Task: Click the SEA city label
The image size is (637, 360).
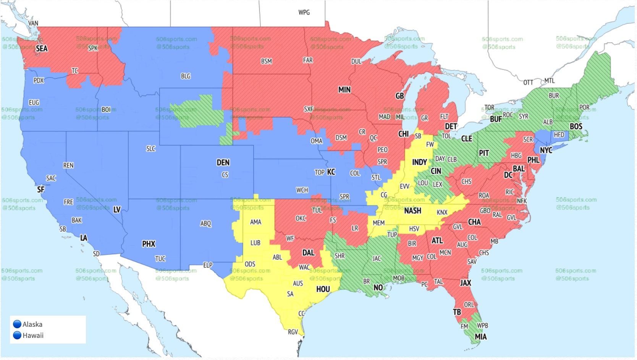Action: [42, 49]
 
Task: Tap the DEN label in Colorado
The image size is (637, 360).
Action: [223, 162]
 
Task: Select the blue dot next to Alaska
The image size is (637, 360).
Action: [17, 324]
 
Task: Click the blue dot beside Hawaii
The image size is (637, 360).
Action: [17, 335]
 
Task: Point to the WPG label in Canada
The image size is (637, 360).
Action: [304, 13]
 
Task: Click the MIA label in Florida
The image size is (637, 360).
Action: [480, 337]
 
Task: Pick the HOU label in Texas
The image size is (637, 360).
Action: [323, 289]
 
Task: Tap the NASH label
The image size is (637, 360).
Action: [412, 211]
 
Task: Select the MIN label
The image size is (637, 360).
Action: [344, 90]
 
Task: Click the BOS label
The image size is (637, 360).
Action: [576, 126]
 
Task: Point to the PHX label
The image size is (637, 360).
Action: [149, 244]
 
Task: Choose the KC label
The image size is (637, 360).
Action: [331, 172]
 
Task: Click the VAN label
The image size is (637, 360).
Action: [33, 23]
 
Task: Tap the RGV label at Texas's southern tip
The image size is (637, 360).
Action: [293, 332]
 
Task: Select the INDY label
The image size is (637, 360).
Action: [419, 162]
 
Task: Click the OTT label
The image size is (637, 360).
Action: [528, 83]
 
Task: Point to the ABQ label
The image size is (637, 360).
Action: [205, 224]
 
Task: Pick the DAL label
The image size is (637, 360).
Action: [308, 253]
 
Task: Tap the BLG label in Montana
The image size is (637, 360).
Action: [186, 76]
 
